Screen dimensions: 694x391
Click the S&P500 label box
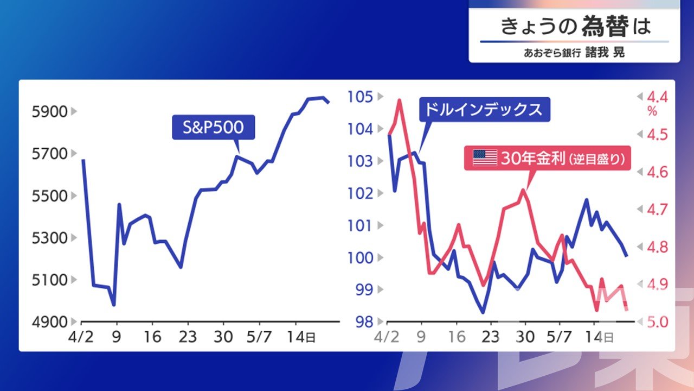[x=214, y=127]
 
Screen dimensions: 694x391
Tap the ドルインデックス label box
[x=485, y=110]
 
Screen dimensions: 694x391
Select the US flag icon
[x=485, y=158]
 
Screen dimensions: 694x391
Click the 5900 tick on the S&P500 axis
[x=49, y=112]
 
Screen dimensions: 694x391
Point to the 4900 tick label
[x=49, y=322]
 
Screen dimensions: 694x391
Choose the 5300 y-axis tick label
[x=49, y=238]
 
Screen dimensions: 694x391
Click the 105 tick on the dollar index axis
[x=360, y=97]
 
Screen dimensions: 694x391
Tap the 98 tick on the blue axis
[x=364, y=322]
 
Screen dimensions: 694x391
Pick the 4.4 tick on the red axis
[x=657, y=97]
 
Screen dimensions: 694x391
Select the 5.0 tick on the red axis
[x=657, y=322]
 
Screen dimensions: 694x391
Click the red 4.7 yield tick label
[x=657, y=210]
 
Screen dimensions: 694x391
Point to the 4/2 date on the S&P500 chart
[x=81, y=337]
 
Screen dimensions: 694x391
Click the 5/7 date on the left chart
[x=259, y=337]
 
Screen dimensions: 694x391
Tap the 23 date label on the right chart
[x=491, y=337]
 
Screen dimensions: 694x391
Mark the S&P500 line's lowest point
[x=114, y=305]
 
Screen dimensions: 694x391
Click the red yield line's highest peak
[x=400, y=100]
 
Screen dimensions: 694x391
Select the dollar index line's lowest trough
[x=483, y=312]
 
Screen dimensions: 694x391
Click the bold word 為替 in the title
[x=605, y=26]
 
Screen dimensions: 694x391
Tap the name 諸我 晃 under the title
[x=605, y=52]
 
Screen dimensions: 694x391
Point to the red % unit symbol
[x=652, y=111]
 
